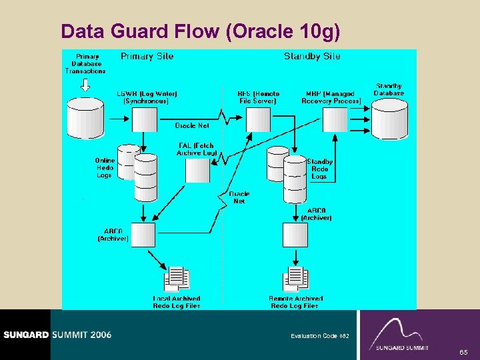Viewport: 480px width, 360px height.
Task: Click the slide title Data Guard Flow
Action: tap(200, 31)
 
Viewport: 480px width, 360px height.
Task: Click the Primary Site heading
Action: tap(147, 57)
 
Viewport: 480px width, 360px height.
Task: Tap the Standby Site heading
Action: tap(312, 57)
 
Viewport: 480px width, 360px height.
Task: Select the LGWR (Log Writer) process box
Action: tap(144, 120)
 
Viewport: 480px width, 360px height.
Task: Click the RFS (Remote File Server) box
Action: tap(259, 120)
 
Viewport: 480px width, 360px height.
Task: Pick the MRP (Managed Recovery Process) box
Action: tap(335, 120)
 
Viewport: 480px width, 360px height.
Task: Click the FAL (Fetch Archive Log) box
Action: tap(197, 171)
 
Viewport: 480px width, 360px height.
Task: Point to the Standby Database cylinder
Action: tap(389, 120)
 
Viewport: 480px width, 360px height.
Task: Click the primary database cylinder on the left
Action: tap(85, 119)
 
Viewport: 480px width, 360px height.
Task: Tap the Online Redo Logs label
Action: tap(105, 168)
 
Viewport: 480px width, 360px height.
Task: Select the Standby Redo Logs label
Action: tap(319, 169)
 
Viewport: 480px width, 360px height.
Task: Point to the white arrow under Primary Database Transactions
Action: tap(85, 85)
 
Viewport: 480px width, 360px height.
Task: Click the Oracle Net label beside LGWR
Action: tap(192, 125)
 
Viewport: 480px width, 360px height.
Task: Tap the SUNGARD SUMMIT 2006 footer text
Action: tap(56, 335)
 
